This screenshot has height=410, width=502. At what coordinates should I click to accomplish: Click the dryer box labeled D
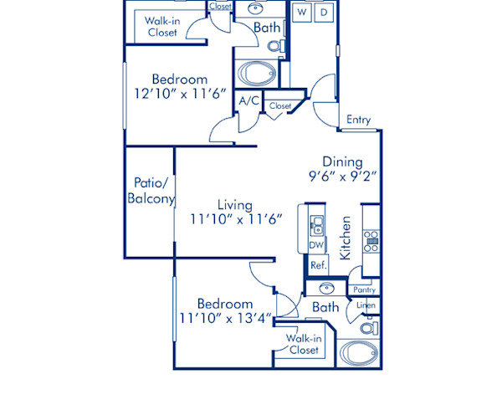click(325, 13)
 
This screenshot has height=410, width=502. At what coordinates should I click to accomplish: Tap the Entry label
click(358, 120)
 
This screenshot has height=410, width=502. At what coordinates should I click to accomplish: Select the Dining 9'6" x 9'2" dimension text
click(343, 177)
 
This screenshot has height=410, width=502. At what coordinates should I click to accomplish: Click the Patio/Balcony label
click(151, 191)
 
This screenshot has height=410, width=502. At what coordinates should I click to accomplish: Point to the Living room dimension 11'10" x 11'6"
click(235, 218)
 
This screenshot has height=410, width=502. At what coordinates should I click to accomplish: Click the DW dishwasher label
click(315, 244)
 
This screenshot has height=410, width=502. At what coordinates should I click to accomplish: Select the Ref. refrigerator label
click(317, 265)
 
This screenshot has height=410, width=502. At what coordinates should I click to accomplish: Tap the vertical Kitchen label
click(345, 238)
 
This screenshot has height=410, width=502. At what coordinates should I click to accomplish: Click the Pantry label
click(364, 290)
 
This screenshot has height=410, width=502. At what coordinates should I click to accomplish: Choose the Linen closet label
click(366, 305)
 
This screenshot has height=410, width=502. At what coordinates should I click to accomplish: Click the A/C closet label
click(248, 101)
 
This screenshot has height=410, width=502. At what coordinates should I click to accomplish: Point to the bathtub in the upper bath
click(256, 74)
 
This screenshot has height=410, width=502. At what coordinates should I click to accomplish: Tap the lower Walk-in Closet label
click(302, 344)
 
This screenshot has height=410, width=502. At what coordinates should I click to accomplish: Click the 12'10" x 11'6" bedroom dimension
click(177, 94)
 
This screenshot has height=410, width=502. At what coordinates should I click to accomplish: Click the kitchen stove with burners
click(371, 240)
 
